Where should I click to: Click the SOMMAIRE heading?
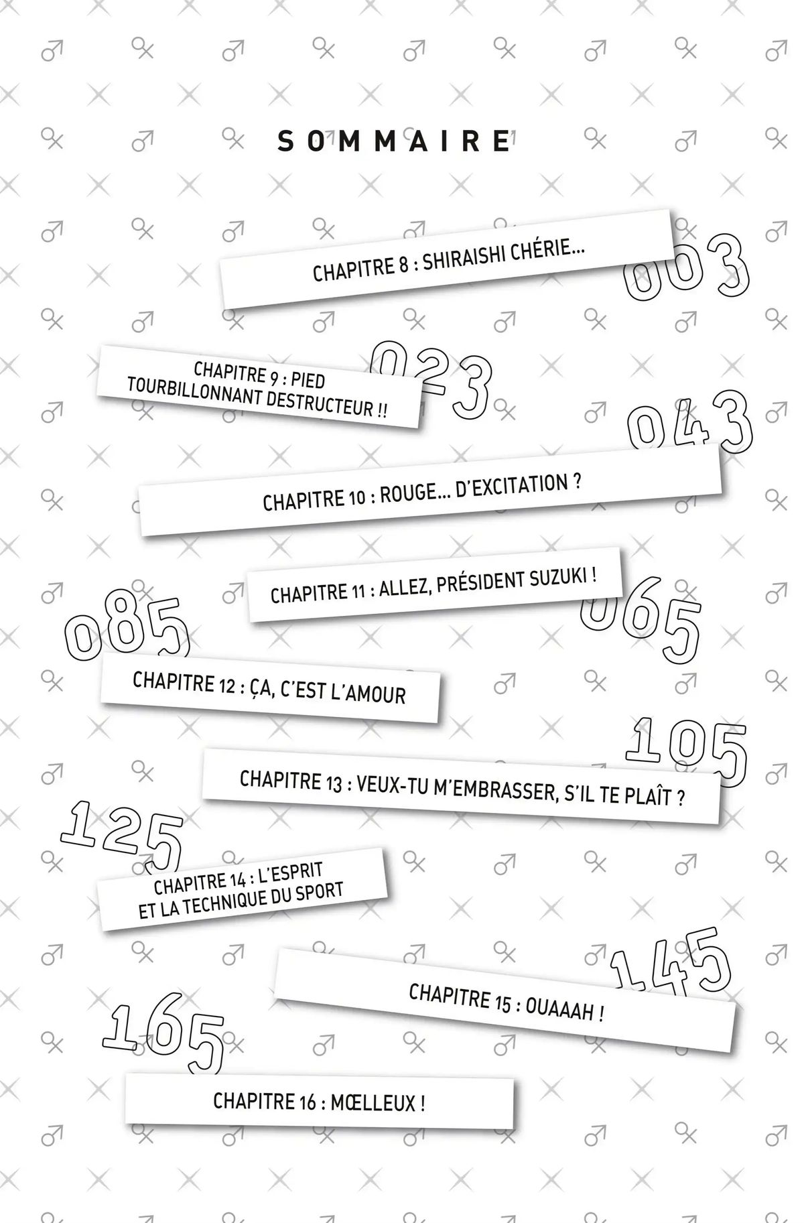click(x=394, y=142)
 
